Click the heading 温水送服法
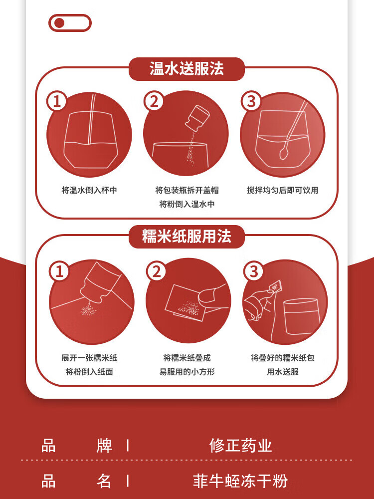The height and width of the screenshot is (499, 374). [187, 69]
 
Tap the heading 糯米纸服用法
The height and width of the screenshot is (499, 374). [187, 237]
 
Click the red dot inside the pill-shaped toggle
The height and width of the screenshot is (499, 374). [59, 23]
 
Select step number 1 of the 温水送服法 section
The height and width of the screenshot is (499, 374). [57, 101]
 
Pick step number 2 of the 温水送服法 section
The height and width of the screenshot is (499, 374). [154, 101]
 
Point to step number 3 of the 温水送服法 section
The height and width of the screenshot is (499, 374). [251, 101]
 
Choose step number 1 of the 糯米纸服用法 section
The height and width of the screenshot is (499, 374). [59, 271]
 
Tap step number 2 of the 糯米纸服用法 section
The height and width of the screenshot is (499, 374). [157, 271]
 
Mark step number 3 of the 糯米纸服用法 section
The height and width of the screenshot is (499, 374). [254, 271]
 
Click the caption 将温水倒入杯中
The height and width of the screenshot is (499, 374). [89, 190]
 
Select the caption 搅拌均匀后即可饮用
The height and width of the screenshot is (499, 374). [283, 190]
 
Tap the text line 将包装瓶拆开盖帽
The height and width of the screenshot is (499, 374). [187, 190]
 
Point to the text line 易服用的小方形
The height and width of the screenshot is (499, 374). [187, 372]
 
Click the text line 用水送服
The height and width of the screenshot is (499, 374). [283, 372]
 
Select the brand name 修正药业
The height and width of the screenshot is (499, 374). [241, 445]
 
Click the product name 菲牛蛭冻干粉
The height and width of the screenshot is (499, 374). [241, 481]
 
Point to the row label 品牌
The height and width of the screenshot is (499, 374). [77, 445]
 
